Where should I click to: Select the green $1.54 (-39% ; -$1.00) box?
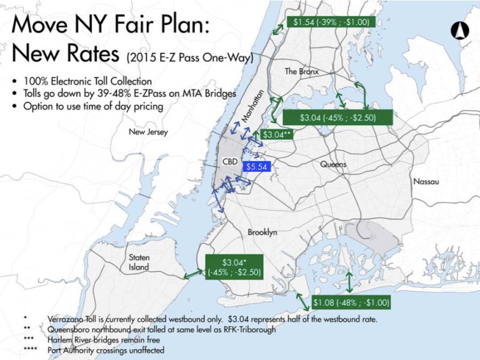[x=331, y=22]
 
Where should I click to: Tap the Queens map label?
[x=333, y=164]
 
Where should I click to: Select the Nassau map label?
[x=426, y=181]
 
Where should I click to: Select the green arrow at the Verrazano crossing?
[x=193, y=273]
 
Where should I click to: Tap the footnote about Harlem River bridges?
[x=110, y=340]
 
